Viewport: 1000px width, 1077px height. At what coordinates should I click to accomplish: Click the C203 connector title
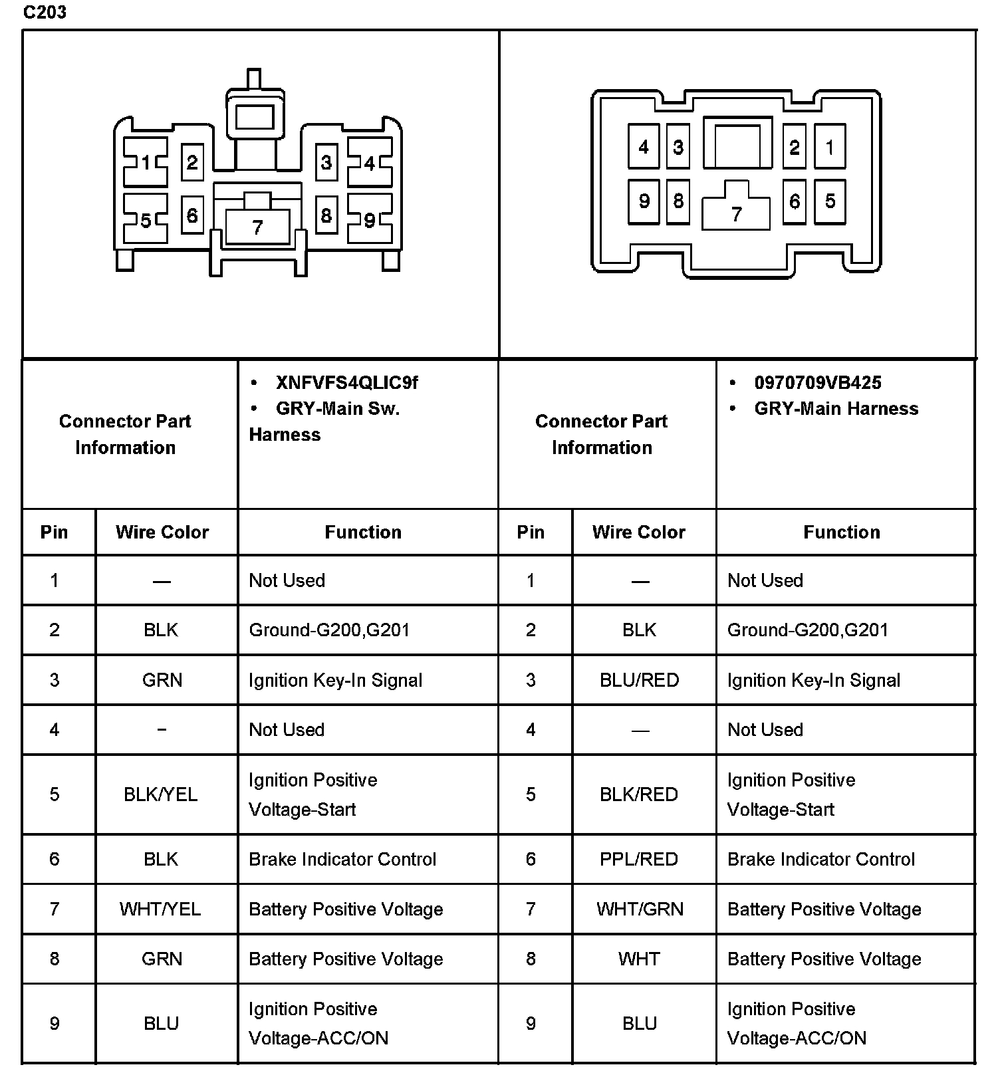[45, 13]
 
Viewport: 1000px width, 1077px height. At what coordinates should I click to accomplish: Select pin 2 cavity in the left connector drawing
[192, 162]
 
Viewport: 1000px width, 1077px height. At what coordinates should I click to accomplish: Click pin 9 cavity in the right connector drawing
[644, 201]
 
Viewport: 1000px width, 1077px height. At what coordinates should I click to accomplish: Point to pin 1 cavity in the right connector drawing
[829, 147]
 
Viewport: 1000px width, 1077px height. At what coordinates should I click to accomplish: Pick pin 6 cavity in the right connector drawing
[794, 201]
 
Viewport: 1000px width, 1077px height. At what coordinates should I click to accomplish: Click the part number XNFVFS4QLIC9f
[346, 383]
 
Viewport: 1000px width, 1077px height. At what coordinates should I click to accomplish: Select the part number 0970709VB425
[817, 383]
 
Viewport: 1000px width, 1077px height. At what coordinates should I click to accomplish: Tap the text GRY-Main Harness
[836, 408]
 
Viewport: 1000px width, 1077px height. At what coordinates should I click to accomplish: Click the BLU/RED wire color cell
[639, 680]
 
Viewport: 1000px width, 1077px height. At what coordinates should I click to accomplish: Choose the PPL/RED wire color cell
[639, 859]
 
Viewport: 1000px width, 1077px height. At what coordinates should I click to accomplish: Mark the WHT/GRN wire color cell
[640, 909]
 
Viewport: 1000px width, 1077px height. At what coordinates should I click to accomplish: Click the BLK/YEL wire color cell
[161, 794]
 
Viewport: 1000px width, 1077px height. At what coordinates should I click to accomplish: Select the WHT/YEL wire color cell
[160, 909]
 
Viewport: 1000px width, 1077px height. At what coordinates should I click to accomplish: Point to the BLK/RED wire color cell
[639, 794]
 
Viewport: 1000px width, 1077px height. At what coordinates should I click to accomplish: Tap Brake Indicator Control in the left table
[342, 859]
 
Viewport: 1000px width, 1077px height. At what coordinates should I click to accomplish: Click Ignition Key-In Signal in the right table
[814, 680]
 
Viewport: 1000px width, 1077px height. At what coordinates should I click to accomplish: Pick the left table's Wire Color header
[162, 532]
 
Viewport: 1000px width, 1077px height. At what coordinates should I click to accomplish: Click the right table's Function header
[841, 532]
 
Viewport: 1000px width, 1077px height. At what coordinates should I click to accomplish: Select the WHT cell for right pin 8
[639, 959]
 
